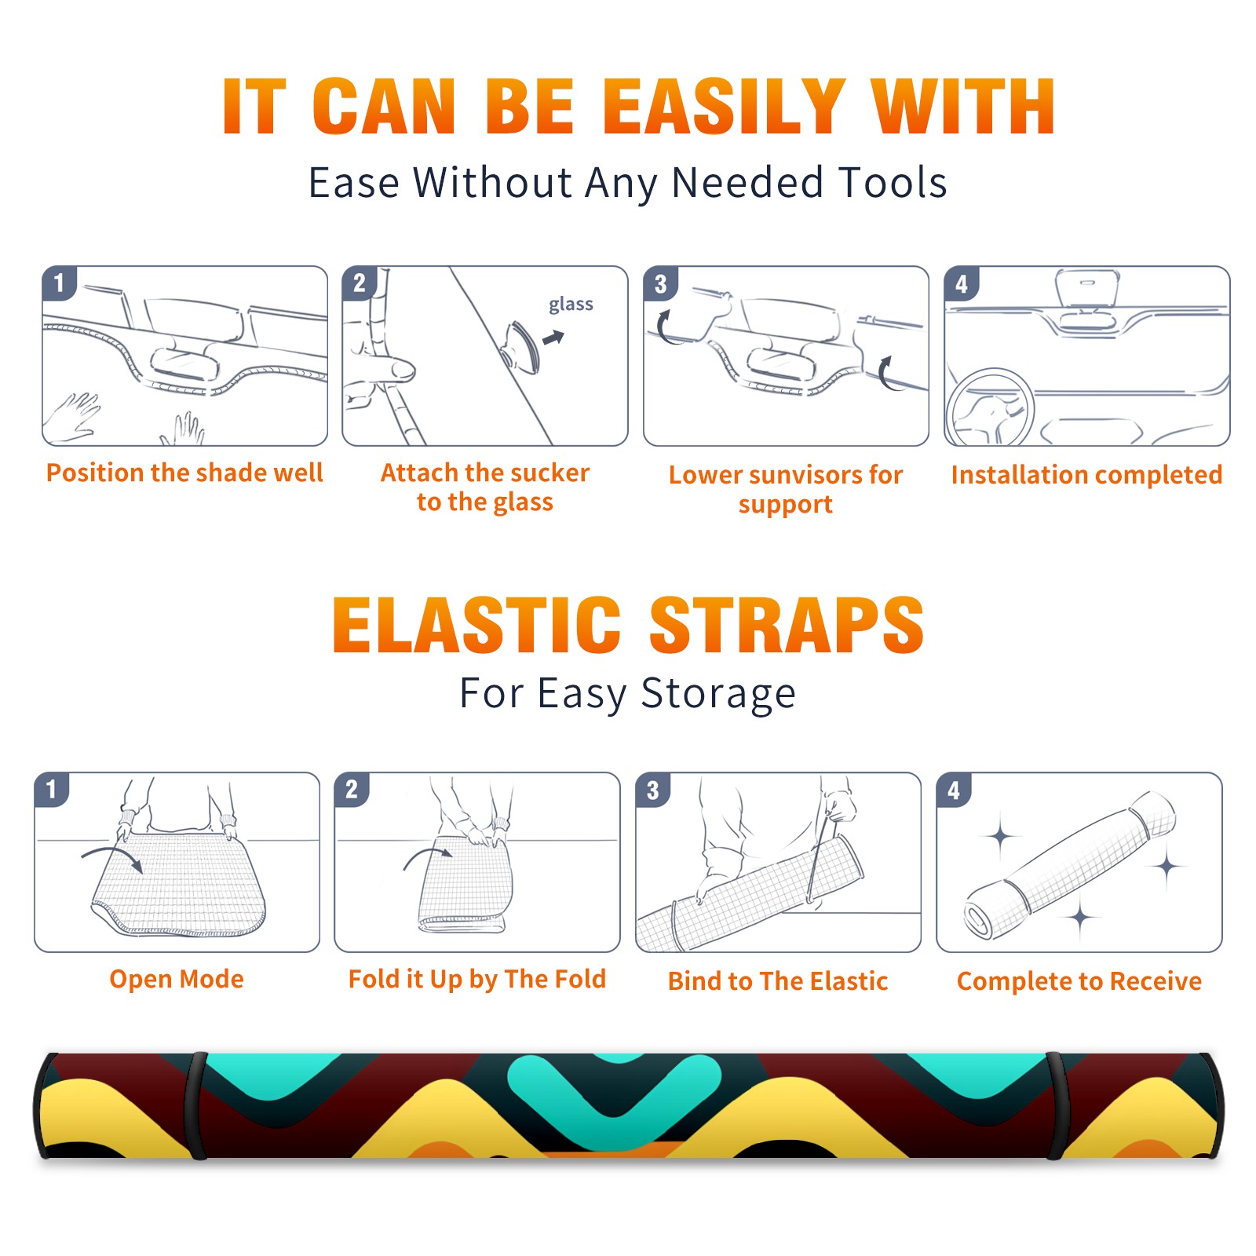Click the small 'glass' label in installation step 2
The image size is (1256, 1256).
pos(571,305)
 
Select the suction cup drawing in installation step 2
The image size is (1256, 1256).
pos(521,347)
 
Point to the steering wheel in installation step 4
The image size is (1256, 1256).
pos(990,407)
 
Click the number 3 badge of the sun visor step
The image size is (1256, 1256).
pos(660,283)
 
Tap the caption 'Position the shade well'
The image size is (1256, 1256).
pos(184,473)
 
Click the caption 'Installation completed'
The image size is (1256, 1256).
pos(1086,474)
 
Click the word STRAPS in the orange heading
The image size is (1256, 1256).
pos(787,625)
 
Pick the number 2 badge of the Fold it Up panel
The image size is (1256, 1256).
pos(352,789)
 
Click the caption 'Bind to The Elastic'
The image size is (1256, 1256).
pos(778,981)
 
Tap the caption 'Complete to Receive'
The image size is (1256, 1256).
pos(1079,981)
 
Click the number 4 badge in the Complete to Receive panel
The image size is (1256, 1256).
pos(954,790)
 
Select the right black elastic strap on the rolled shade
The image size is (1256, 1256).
pos(1057,1106)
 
